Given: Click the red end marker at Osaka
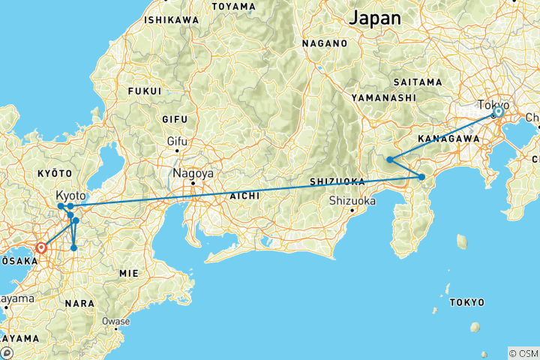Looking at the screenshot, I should tap(41, 246).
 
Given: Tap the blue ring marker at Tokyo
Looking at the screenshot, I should tap(497, 112).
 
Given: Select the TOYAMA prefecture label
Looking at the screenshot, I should tap(235, 6).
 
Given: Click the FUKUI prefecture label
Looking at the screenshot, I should tap(145, 91).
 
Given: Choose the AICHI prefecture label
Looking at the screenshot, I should tap(246, 195).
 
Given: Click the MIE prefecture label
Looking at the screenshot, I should tap(129, 274).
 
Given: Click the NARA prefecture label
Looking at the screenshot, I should tap(79, 303).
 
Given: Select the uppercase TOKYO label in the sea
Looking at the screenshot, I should tap(466, 303).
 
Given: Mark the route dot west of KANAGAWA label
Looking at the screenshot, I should tap(390, 159).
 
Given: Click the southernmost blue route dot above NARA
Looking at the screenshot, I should tap(73, 247).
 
